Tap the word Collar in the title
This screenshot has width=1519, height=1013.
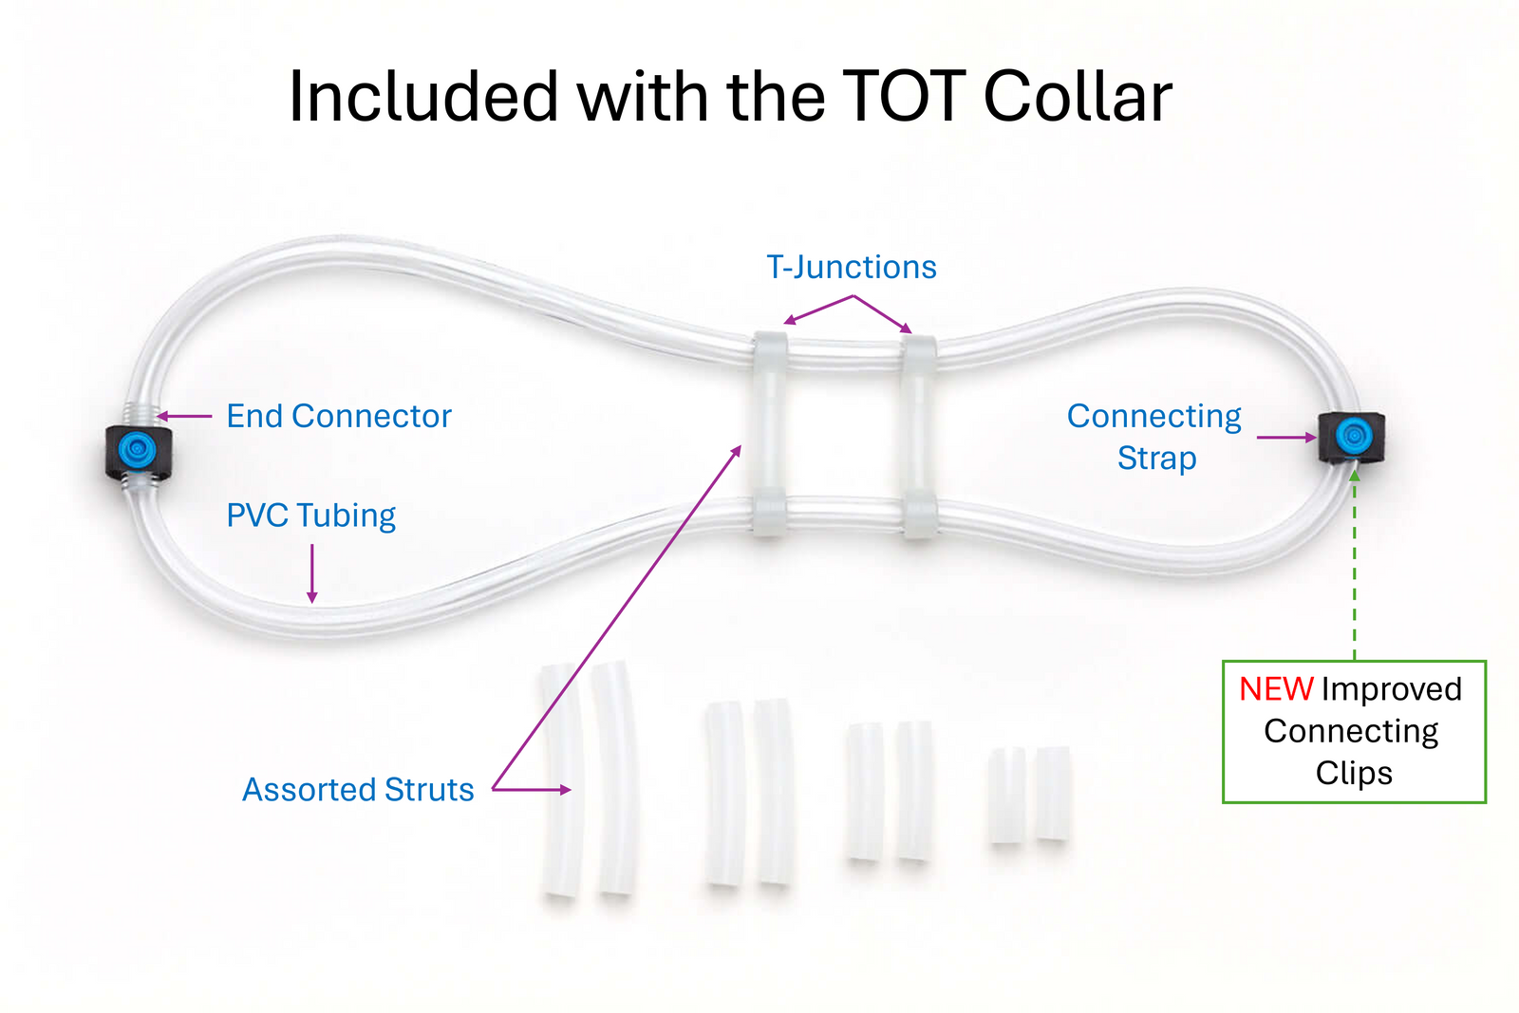coord(1078,97)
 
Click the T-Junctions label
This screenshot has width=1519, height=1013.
coord(852,268)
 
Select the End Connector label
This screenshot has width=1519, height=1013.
coord(339,416)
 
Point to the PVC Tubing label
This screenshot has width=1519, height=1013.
coord(311,516)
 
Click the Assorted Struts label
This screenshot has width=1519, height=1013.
coord(358,790)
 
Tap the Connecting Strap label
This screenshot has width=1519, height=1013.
coord(1154,437)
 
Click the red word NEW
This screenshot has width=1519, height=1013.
coord(1276,689)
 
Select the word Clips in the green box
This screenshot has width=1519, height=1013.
coord(1354,773)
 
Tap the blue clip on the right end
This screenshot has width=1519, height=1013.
coord(1352,437)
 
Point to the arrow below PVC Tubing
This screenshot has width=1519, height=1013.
coord(312,574)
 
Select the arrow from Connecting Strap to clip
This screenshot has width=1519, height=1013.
coord(1286,438)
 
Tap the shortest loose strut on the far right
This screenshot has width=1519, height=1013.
coord(1053,794)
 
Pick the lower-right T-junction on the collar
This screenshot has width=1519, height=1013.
coord(919,515)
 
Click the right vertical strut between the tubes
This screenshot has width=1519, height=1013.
coord(919,432)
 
